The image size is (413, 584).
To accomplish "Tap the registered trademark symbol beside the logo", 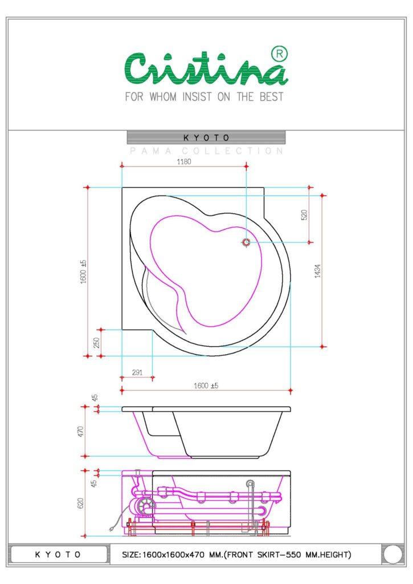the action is tap(280, 54).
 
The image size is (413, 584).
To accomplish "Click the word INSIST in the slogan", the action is tap(197, 97).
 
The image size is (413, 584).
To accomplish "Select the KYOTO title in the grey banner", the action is tap(206, 138).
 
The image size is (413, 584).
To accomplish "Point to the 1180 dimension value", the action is tap(184, 161).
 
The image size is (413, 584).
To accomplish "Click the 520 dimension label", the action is tap(304, 215).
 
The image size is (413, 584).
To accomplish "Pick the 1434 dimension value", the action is tap(317, 271).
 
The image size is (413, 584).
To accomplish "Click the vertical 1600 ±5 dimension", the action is tap(84, 271).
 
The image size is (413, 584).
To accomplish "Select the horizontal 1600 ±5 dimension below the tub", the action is tap(206, 386).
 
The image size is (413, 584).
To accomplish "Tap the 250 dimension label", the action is tap(96, 343).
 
